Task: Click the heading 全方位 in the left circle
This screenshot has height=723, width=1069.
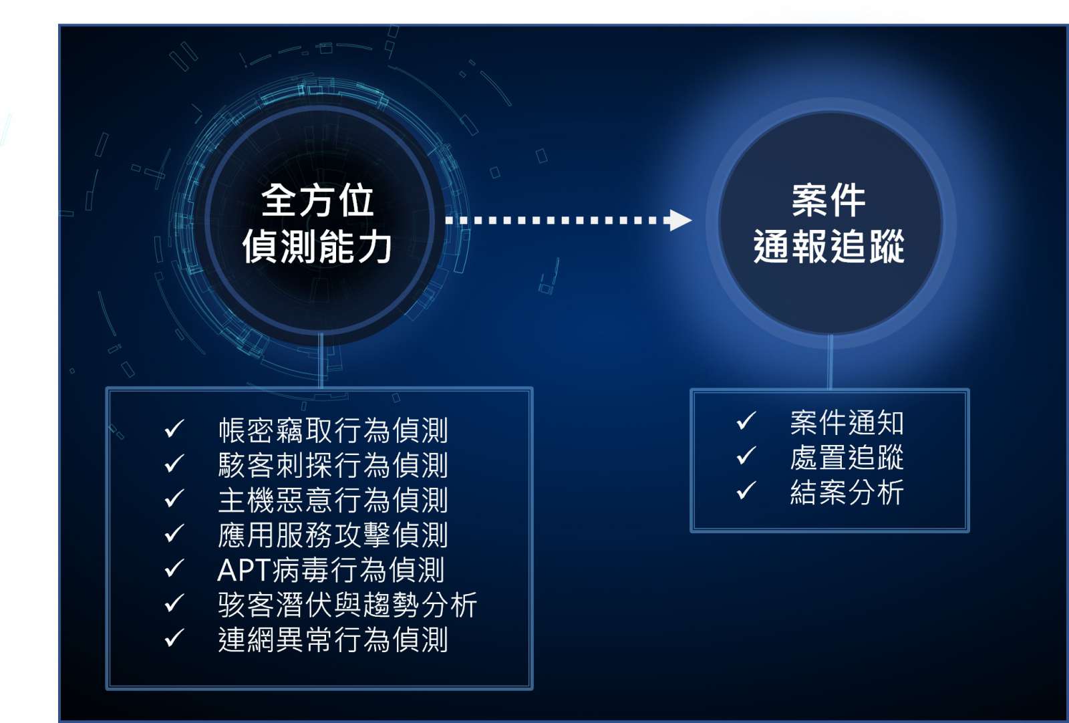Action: click(317, 200)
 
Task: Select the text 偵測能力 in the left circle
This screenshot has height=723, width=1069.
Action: click(317, 247)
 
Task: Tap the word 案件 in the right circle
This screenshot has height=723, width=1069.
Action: click(829, 200)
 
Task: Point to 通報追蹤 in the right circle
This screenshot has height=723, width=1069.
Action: click(829, 247)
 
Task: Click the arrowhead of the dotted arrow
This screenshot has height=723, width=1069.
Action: click(681, 220)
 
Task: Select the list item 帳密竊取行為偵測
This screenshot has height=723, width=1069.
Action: click(333, 430)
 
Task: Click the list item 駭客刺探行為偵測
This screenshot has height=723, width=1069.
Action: click(333, 465)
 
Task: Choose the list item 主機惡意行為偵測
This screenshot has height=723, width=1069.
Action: click(333, 500)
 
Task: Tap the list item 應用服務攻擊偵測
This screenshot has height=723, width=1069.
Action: click(333, 535)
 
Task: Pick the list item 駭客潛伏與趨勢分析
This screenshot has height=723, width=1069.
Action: click(347, 605)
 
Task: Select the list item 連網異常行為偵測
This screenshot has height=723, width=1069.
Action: click(333, 639)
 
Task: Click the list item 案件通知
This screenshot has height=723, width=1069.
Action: click(847, 423)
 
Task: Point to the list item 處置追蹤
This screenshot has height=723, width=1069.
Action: click(847, 457)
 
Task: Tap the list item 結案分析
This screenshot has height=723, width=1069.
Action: click(847, 492)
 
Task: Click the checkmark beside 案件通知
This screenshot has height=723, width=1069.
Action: click(746, 420)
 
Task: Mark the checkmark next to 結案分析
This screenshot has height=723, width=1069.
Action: click(746, 490)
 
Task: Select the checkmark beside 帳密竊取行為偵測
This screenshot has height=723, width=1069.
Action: click(174, 428)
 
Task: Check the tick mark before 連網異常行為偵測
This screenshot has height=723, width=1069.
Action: click(174, 637)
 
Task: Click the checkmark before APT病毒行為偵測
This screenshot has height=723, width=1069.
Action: click(174, 568)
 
